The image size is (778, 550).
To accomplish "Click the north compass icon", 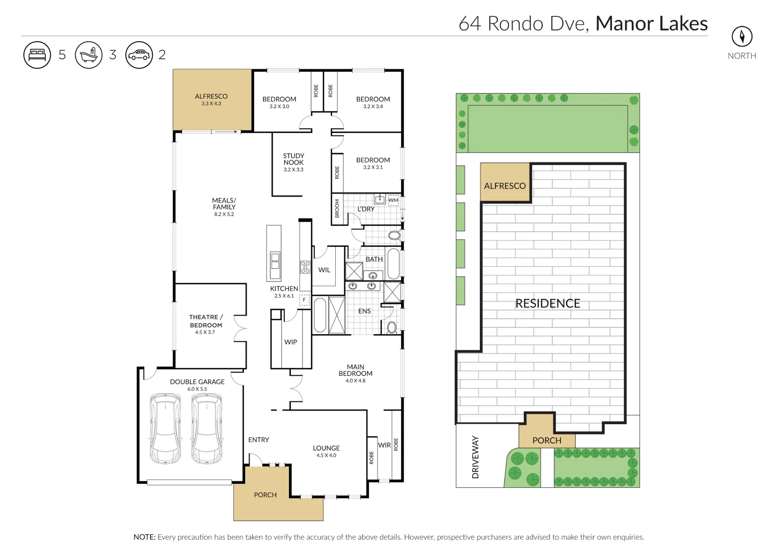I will tap(742, 37).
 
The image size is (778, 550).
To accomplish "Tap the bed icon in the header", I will tap(37, 54).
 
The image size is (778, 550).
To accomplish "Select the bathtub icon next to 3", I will tap(89, 54).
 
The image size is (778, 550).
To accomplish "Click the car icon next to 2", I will tap(139, 54).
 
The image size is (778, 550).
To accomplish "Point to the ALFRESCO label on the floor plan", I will tap(211, 96).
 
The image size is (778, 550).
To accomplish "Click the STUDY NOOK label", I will tap(293, 159).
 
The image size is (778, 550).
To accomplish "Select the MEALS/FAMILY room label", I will tap(224, 204).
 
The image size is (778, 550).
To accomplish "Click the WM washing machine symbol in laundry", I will tap(393, 200).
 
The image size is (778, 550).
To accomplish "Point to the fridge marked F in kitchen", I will tap(304, 300).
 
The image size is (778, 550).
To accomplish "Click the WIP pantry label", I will tap(290, 342).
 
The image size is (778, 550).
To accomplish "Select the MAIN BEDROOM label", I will tap(356, 370).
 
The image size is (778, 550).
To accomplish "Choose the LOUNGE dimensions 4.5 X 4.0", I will tap(326, 456).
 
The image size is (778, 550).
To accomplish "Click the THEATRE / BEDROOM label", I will tap(206, 321).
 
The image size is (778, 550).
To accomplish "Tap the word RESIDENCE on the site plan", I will tap(548, 304).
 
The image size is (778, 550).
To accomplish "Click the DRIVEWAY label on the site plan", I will tap(475, 457).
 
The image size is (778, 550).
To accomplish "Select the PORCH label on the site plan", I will tap(547, 441).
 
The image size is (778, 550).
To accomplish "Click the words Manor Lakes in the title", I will tap(651, 23).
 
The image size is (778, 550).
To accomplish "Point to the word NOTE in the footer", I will tap(144, 537).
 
